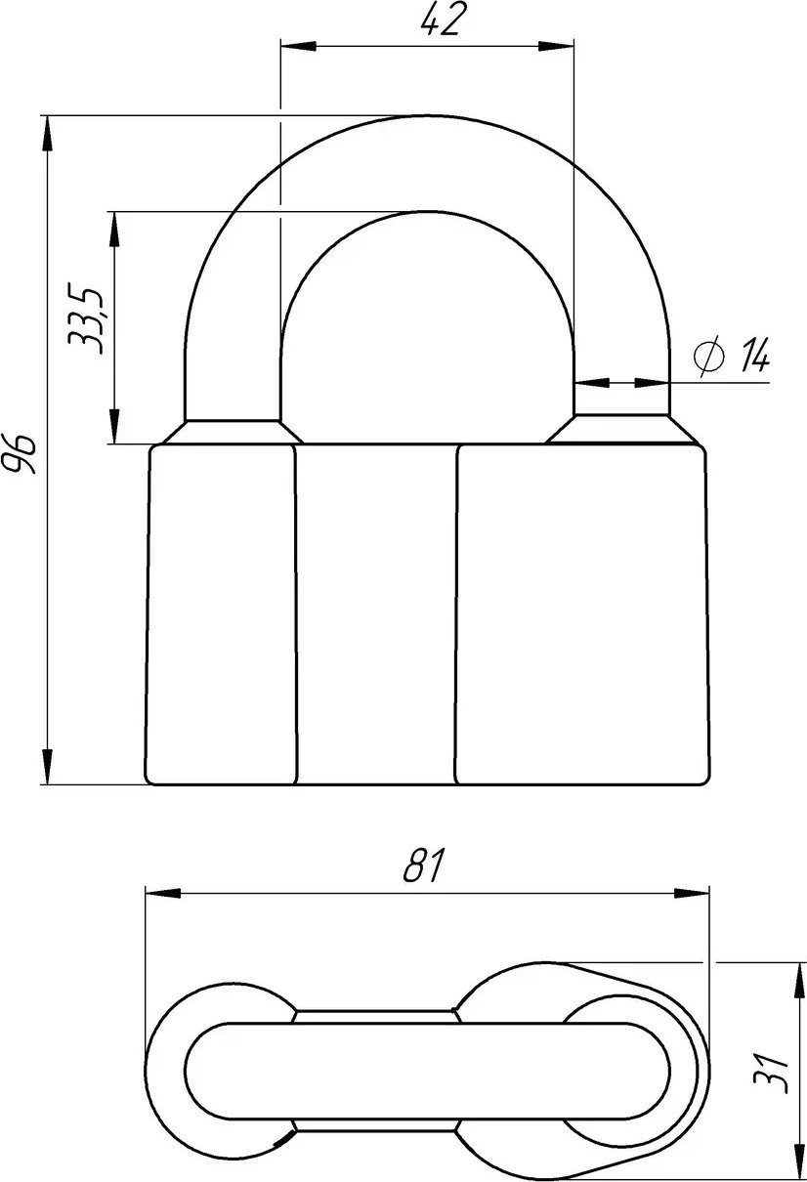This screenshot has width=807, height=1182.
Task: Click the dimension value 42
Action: click(441, 21)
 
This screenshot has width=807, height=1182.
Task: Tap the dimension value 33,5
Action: click(84, 320)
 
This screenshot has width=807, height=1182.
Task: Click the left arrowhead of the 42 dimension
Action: click(298, 46)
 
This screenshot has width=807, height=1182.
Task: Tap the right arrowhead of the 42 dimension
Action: click(556, 46)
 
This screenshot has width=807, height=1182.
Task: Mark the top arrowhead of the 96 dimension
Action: click(48, 134)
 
